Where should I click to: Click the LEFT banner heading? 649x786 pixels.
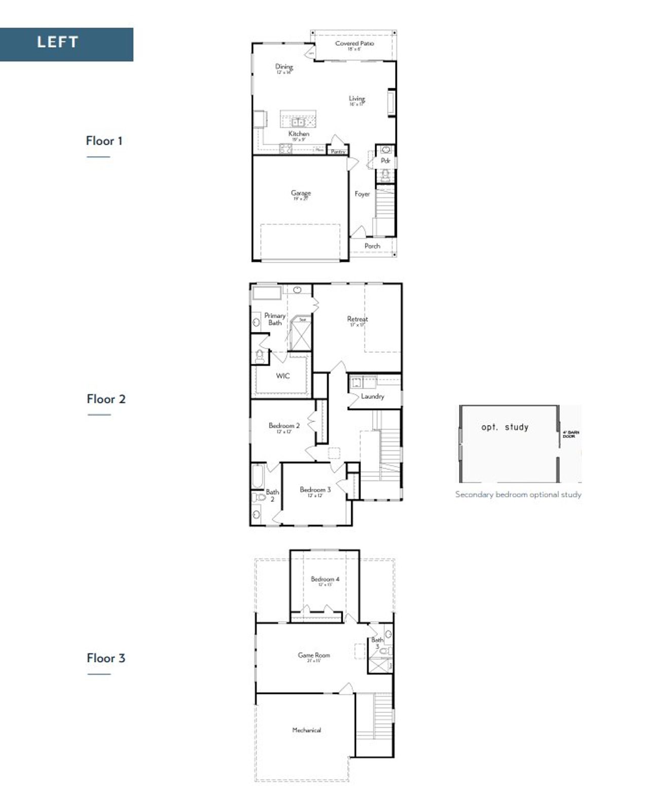pyautogui.click(x=57, y=42)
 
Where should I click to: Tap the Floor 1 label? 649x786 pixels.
pyautogui.click(x=104, y=141)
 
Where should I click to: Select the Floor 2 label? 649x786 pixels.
pyautogui.click(x=105, y=399)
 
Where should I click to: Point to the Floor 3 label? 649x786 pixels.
pyautogui.click(x=105, y=658)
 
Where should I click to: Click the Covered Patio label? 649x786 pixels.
pyautogui.click(x=354, y=44)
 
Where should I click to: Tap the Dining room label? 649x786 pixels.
pyautogui.click(x=284, y=66)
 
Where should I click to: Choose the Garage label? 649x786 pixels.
pyautogui.click(x=301, y=193)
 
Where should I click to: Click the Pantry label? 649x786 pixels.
pyautogui.click(x=338, y=152)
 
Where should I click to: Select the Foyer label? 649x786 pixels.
pyautogui.click(x=362, y=194)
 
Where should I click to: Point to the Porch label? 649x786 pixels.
pyautogui.click(x=372, y=246)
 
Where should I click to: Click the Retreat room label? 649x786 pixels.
pyautogui.click(x=357, y=319)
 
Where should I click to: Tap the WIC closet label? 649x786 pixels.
pyautogui.click(x=283, y=376)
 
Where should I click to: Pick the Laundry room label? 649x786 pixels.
pyautogui.click(x=372, y=397)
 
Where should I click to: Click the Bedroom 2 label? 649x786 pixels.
pyautogui.click(x=284, y=426)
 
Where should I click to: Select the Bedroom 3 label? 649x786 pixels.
pyautogui.click(x=315, y=490)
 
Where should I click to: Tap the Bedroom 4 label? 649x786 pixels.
pyautogui.click(x=325, y=579)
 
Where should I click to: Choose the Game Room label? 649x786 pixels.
pyautogui.click(x=314, y=655)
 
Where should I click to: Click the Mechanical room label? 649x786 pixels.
pyautogui.click(x=306, y=730)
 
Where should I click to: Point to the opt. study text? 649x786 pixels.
pyautogui.click(x=504, y=427)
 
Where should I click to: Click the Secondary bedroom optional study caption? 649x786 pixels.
pyautogui.click(x=518, y=495)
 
